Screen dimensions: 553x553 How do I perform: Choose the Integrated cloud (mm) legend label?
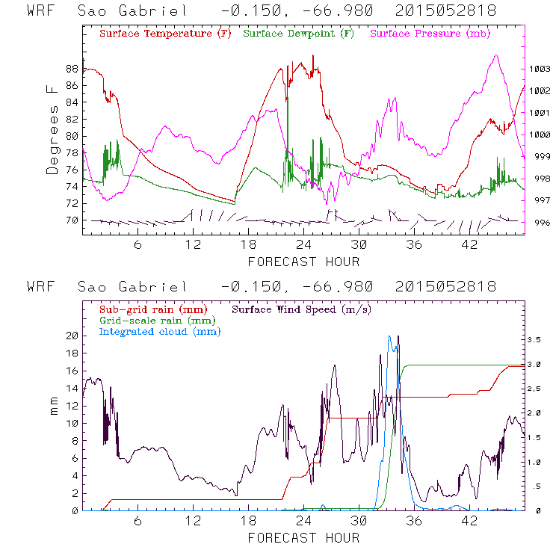[157, 331]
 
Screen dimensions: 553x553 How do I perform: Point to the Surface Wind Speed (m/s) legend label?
[302, 309]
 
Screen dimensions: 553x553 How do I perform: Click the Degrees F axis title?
[52, 129]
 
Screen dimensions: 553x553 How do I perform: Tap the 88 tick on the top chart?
[72, 69]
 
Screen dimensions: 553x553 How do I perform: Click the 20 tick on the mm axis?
[71, 336]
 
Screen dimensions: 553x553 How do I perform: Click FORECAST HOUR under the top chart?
[303, 262]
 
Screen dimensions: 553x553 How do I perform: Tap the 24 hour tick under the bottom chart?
[303, 521]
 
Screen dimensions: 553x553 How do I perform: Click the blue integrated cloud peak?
[390, 338]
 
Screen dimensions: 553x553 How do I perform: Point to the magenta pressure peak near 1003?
[495, 56]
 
